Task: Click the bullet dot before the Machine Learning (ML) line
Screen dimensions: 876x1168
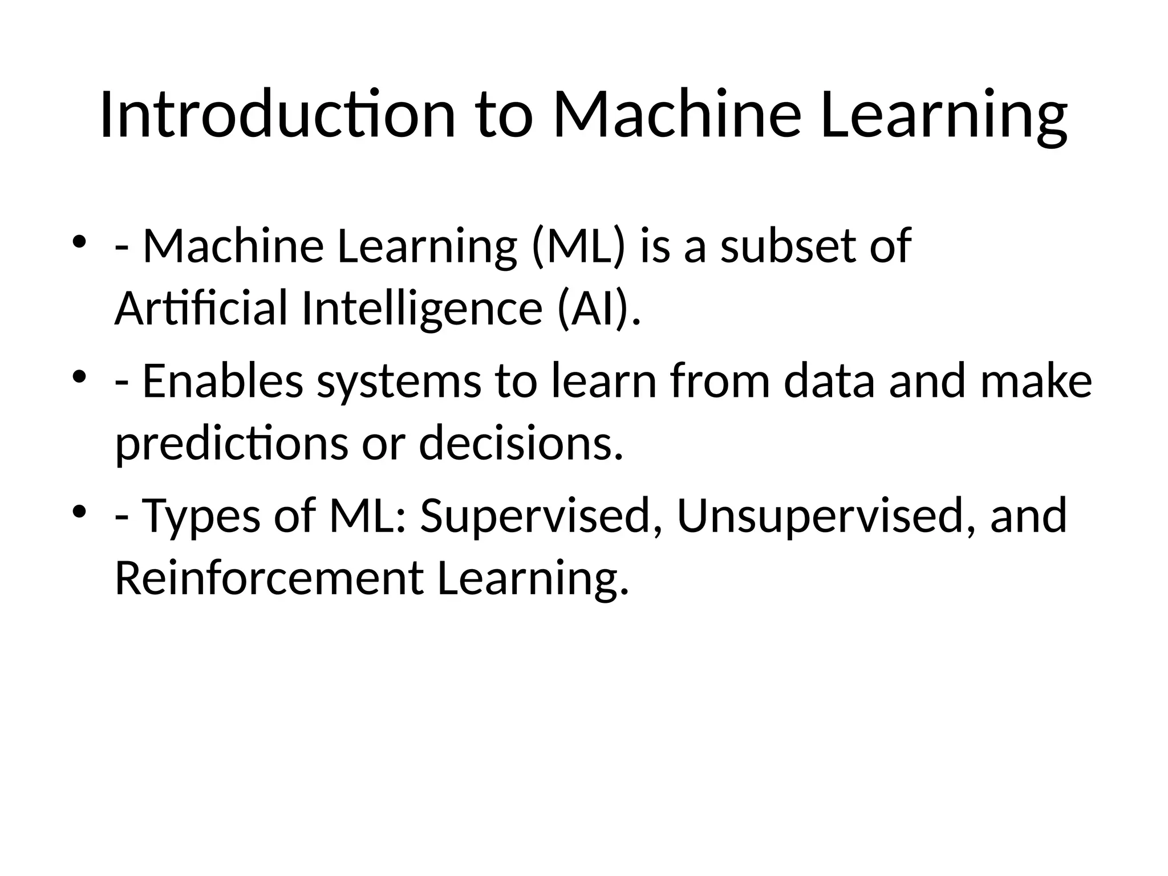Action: (x=79, y=241)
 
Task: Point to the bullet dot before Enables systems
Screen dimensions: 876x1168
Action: (x=79, y=376)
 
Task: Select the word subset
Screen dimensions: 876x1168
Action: (x=788, y=246)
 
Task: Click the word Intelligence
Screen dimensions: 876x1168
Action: (x=421, y=309)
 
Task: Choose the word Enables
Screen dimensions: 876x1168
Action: (x=222, y=381)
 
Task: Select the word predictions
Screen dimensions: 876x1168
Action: (x=232, y=444)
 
